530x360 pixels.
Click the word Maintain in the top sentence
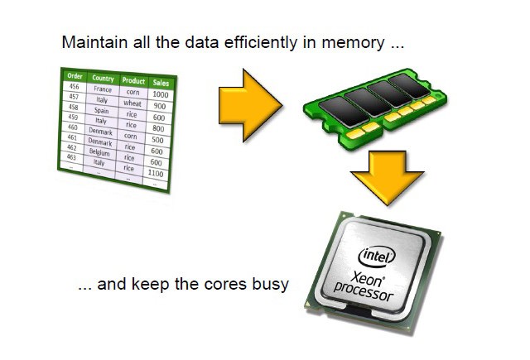pyautogui.click(x=89, y=41)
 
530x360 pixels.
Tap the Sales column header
pyautogui.click(x=160, y=83)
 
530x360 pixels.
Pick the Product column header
pyautogui.click(x=132, y=81)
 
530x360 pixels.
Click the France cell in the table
pyautogui.click(x=103, y=89)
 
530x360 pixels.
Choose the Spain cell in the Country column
pyautogui.click(x=101, y=110)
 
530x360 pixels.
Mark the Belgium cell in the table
pyautogui.click(x=99, y=153)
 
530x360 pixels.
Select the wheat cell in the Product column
pyautogui.click(x=132, y=103)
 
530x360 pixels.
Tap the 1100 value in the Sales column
pyautogui.click(x=155, y=174)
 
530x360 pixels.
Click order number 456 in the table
pyautogui.click(x=74, y=86)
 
